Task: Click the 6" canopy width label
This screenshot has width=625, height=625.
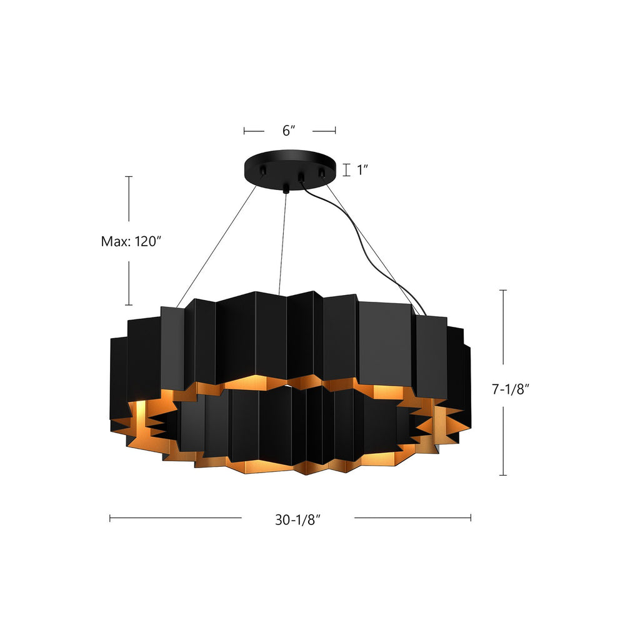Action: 288,131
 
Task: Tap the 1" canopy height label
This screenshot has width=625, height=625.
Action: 363,170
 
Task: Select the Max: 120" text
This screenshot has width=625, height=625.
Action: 131,241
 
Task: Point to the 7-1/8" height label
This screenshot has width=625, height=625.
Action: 511,389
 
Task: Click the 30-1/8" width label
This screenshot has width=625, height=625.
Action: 297,518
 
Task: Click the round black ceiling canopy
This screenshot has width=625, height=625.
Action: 289,164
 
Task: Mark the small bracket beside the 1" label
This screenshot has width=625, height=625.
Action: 346,169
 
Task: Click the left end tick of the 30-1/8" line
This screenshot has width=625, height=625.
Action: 110,517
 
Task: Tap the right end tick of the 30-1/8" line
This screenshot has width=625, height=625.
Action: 471,517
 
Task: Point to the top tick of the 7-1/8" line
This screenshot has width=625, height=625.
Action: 503,291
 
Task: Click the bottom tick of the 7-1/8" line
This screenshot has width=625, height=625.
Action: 503,476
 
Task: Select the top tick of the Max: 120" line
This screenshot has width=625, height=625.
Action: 129,177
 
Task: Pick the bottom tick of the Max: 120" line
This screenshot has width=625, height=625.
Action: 129,305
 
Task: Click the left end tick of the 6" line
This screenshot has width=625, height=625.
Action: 244,131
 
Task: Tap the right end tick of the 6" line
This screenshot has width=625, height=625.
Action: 336,131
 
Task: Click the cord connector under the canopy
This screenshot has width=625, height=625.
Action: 301,178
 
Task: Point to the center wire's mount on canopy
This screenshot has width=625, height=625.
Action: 286,187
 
